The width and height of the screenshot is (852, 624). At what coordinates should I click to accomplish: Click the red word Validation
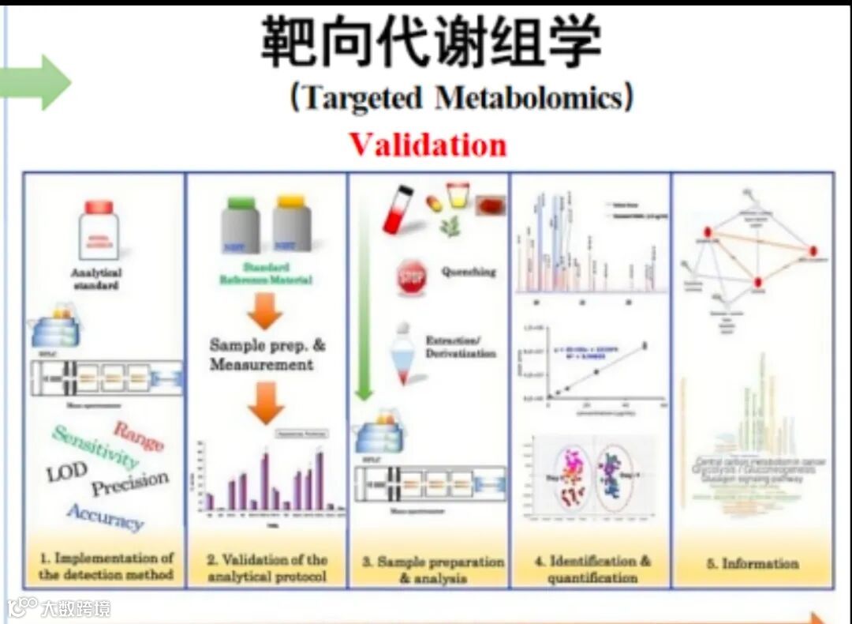coord(428,145)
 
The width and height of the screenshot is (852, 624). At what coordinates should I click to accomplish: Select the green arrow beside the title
coord(36,82)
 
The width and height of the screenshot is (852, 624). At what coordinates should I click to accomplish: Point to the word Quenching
coord(469,272)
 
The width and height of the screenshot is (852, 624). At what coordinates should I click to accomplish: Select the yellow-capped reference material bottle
coord(291,225)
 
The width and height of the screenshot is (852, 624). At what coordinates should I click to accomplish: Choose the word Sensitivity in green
coord(95,446)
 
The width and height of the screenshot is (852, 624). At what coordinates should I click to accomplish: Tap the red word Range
coord(138,435)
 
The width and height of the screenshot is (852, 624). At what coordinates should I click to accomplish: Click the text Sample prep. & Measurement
coord(266,355)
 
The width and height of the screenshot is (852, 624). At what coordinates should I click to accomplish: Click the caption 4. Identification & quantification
coord(592,569)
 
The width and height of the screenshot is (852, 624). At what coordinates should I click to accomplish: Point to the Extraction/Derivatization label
coord(461,347)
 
